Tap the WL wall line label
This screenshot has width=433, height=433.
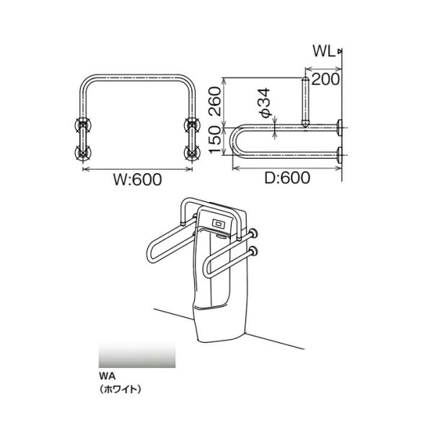pyautogui.click(x=323, y=51)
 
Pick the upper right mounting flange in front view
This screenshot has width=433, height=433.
pyautogui.click(x=192, y=125)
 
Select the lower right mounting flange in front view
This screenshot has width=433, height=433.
pyautogui.click(x=192, y=152)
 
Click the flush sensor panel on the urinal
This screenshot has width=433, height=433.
pyautogui.click(x=218, y=224)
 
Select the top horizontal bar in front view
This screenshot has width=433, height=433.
pyautogui.click(x=137, y=76)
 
